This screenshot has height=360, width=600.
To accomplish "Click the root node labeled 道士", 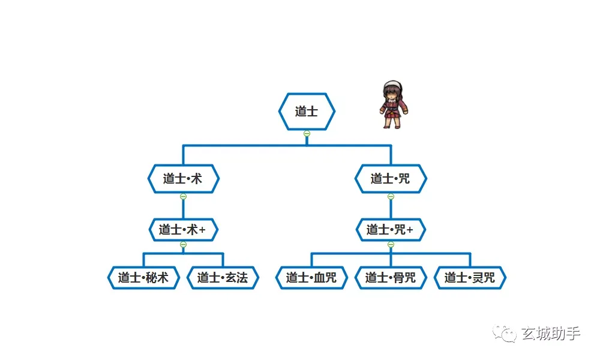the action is click(307, 112).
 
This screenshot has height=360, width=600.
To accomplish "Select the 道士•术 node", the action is click(183, 179).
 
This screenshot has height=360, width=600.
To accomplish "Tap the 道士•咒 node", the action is click(391, 179).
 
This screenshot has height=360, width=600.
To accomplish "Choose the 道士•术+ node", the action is click(183, 230).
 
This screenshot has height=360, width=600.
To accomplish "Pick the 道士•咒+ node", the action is click(391, 230).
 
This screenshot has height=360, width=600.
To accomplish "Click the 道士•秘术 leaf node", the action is click(143, 278).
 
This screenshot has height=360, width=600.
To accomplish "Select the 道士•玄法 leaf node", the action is click(223, 278).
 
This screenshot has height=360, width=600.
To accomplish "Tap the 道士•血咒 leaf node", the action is click(311, 278).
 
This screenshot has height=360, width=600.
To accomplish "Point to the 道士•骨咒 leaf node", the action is click(391, 278).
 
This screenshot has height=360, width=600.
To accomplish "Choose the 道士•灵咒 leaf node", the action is click(470, 278).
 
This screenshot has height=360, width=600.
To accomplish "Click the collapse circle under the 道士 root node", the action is click(307, 134).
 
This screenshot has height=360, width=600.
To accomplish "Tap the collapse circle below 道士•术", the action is click(183, 197).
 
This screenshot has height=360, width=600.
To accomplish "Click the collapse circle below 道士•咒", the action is click(391, 197).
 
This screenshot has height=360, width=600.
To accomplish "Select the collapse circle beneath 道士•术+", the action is click(183, 244).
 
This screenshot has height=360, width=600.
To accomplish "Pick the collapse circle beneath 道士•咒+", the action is click(391, 244).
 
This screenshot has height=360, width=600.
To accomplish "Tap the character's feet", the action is click(392, 125).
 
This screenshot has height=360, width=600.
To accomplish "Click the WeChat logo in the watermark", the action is click(505, 334).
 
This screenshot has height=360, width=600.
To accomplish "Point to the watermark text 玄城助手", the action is click(551, 334).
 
